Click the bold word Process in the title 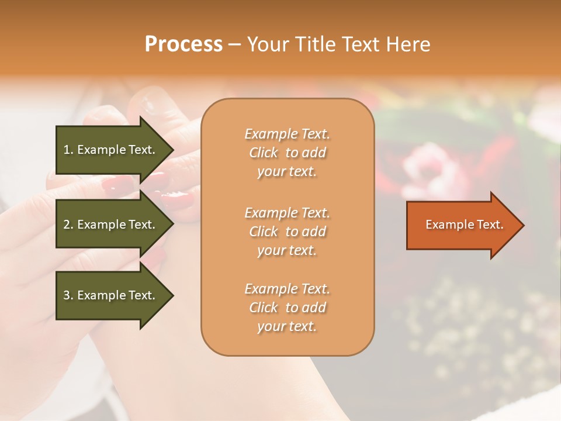coord(183,44)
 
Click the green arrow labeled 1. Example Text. coord(111,150)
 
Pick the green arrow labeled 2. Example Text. coord(111,225)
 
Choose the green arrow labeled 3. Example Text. coord(111,295)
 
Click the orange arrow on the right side coord(462,225)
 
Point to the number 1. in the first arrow coord(68,150)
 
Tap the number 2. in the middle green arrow coord(68,225)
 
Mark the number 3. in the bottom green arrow coord(68,295)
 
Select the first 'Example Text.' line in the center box coord(287,134)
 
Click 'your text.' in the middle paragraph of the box coord(287,250)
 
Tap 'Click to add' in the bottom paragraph coord(287,308)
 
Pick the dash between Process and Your coord(234,44)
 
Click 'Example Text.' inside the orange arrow coord(465,225)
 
